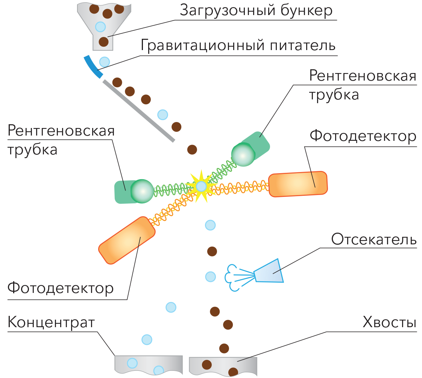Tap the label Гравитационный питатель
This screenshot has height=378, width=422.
[x=238, y=46]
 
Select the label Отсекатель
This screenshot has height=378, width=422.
[x=373, y=240]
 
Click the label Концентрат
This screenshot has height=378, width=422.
[x=51, y=323]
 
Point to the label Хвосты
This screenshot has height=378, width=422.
[x=389, y=323]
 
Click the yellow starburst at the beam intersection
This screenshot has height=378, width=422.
[x=201, y=186]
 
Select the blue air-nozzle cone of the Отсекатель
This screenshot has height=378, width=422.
[x=269, y=271]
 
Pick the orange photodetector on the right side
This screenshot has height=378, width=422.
[x=298, y=184]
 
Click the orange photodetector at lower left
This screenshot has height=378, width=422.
[x=126, y=240]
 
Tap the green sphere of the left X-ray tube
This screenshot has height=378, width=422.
[x=142, y=191]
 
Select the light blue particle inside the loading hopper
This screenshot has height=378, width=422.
[x=100, y=26]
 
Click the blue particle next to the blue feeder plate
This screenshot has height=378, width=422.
[x=105, y=61]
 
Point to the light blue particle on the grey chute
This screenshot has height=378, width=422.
[x=162, y=114]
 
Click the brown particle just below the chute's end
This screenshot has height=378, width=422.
[x=192, y=149]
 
